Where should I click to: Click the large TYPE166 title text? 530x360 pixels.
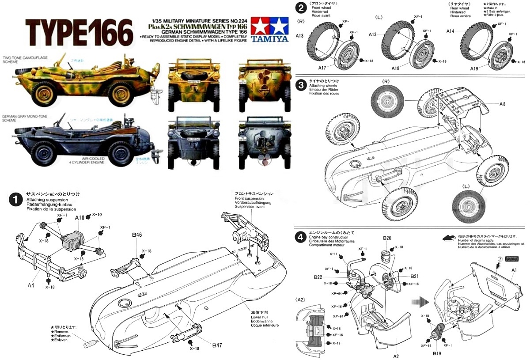[80, 32]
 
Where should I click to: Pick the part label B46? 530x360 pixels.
[136, 235]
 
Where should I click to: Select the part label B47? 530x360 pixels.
[216, 345]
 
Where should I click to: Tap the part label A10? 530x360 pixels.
[80, 218]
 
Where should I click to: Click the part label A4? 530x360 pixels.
[30, 285]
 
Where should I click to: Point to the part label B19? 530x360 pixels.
[437, 354]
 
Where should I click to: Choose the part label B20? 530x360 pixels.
[387, 238]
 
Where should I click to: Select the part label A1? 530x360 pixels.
[514, 270]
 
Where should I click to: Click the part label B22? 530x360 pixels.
[318, 277]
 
